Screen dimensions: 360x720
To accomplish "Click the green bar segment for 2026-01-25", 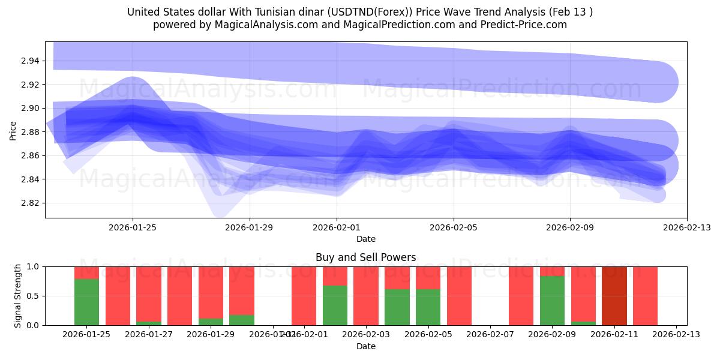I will [86, 302].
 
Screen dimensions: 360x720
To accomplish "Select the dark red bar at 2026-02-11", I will [614, 296].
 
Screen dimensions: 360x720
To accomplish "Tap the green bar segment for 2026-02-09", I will [552, 301].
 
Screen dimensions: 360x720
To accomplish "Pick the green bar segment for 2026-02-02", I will [335, 305].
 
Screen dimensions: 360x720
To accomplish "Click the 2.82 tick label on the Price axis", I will [30, 203].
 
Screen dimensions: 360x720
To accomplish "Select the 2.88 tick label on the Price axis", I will [30, 132].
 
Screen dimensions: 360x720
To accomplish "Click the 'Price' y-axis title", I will [13, 130].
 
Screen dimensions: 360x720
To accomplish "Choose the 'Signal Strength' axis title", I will [18, 296].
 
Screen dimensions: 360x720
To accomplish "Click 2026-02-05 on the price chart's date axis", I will [453, 228].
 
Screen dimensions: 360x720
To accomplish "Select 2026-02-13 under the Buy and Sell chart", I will [676, 335].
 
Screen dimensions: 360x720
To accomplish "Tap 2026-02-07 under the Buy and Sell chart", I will [490, 335].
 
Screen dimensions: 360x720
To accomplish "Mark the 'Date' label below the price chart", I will [365, 239].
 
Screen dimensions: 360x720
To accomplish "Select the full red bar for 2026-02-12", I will [645, 296].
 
